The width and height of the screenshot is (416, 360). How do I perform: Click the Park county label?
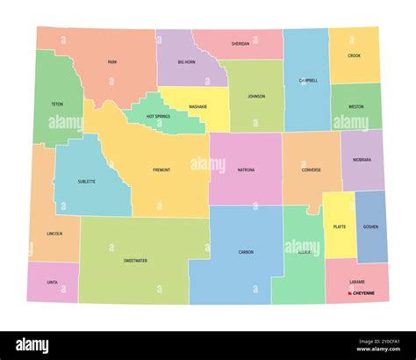(x=112, y=62)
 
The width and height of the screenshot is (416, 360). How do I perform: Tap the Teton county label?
(x=57, y=104)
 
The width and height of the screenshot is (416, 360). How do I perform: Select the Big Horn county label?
(x=186, y=62)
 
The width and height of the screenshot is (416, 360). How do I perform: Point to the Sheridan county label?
(x=240, y=43)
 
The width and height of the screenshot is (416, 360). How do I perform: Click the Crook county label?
(x=354, y=55)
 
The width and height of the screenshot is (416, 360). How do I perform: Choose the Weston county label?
(x=355, y=106)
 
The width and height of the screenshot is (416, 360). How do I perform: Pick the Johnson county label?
(x=255, y=97)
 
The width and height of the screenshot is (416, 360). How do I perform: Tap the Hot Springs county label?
(x=159, y=117)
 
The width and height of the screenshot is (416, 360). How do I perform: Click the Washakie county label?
(x=197, y=107)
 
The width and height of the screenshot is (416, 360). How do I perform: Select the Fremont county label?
(x=161, y=169)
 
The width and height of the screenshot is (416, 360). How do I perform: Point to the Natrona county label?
(x=246, y=169)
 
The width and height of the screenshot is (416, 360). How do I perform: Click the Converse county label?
(x=311, y=169)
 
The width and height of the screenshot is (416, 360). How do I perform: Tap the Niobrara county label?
(x=362, y=160)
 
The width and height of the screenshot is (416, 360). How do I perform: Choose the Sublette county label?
(x=86, y=182)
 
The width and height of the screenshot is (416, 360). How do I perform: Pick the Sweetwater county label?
(x=135, y=261)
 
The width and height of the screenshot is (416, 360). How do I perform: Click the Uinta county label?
(x=53, y=282)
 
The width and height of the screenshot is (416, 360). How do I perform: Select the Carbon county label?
(x=246, y=252)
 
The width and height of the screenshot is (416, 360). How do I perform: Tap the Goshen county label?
(x=371, y=227)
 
